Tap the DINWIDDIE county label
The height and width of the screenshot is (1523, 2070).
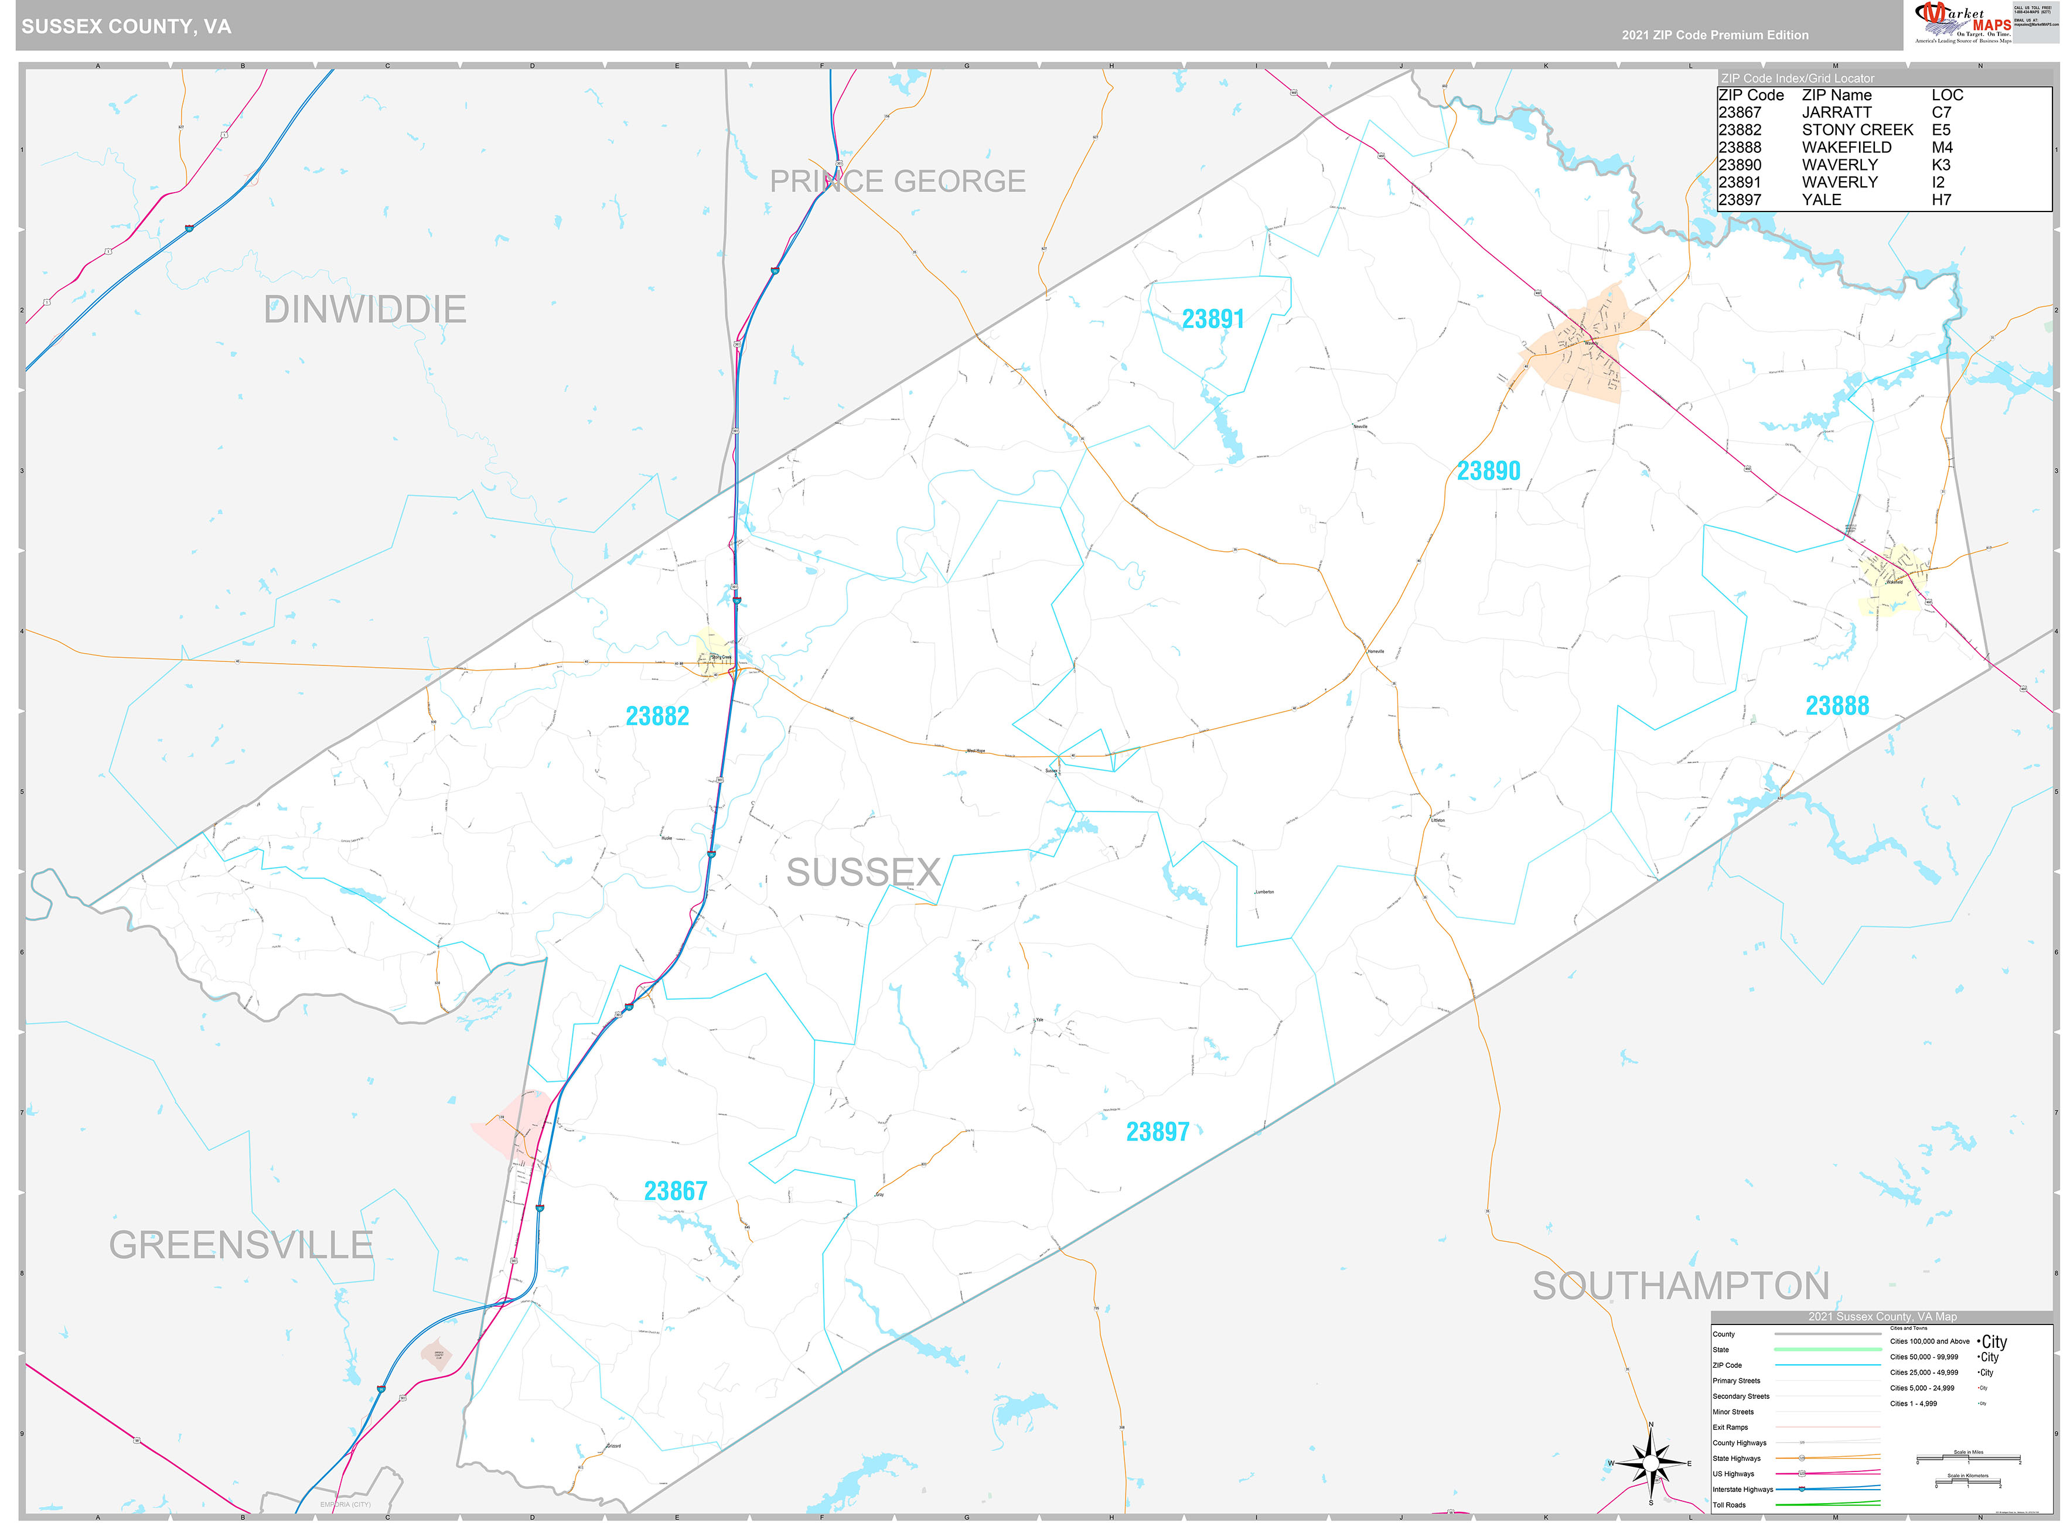click(x=364, y=310)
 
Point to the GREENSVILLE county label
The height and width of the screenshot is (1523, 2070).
click(x=241, y=1245)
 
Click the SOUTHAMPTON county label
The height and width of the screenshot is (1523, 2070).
click(x=1680, y=1286)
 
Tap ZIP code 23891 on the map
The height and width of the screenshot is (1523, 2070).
click(x=1212, y=319)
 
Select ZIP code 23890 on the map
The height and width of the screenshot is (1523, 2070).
click(x=1487, y=471)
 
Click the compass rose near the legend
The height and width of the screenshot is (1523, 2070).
click(x=1650, y=1464)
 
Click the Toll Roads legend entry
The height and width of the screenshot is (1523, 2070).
click(x=1729, y=1505)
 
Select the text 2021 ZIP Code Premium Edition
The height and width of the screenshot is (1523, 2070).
click(x=1715, y=35)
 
